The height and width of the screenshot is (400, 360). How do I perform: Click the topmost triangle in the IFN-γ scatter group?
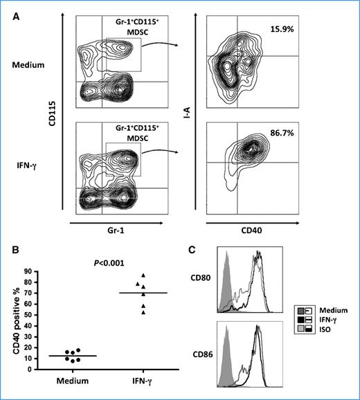click(143, 275)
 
